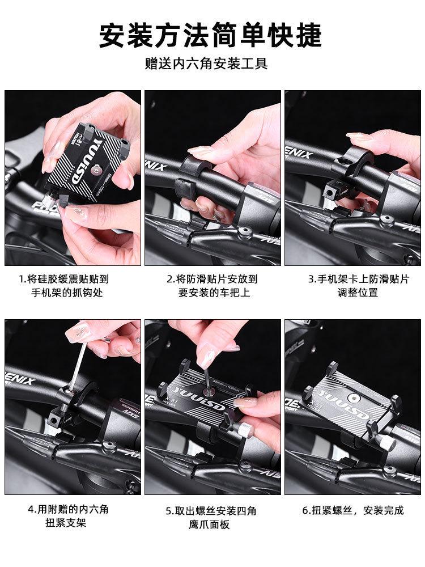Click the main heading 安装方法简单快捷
pyautogui.click(x=210, y=35)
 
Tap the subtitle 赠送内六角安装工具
pyautogui.click(x=206, y=64)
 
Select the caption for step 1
pyautogui.click(x=65, y=286)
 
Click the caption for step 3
pyautogui.click(x=358, y=286)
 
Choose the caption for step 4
pyautogui.click(x=67, y=516)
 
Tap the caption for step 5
pyautogui.click(x=211, y=518)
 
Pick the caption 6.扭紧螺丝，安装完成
pyautogui.click(x=353, y=510)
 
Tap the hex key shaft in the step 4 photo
pyautogui.click(x=78, y=366)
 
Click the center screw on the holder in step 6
pyautogui.click(x=351, y=398)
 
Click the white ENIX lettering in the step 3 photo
pyautogui.click(x=299, y=152)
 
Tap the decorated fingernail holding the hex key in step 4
pyautogui.click(x=78, y=332)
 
